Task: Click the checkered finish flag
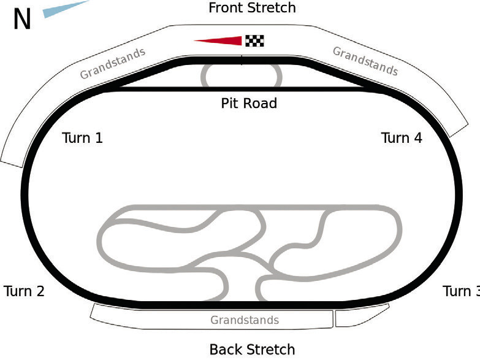(254, 40)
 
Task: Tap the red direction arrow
(218, 40)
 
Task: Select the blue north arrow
(66, 9)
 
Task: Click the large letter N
(22, 19)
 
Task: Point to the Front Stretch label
(252, 7)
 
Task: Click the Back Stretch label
(252, 350)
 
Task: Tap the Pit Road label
(249, 103)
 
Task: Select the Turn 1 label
(82, 138)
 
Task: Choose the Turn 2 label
(24, 291)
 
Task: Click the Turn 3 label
(462, 291)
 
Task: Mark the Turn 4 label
(402, 138)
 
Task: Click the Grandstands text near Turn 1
(112, 63)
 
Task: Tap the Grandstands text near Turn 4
(365, 61)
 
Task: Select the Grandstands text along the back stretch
(245, 320)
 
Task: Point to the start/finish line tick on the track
(242, 60)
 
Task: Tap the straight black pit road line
(242, 89)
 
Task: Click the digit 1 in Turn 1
(99, 138)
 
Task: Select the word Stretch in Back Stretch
(271, 350)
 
